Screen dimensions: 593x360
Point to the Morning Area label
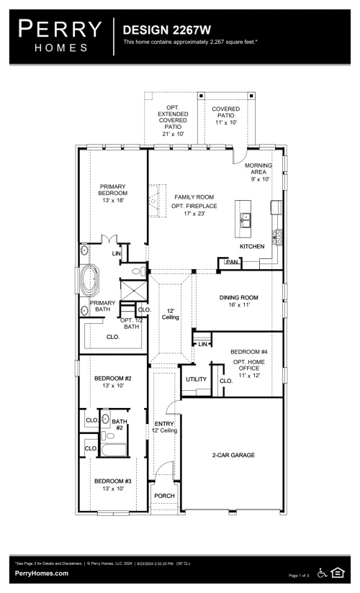click(x=259, y=173)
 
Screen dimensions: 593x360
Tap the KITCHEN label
click(x=252, y=247)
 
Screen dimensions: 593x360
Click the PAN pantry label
click(x=231, y=262)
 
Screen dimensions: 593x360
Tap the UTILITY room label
click(x=197, y=379)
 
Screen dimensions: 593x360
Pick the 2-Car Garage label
click(x=233, y=455)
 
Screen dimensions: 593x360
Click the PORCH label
click(x=163, y=496)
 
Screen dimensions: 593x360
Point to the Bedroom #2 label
click(x=112, y=382)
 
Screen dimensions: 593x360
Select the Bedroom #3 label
click(x=112, y=484)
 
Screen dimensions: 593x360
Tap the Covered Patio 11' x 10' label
click(x=226, y=114)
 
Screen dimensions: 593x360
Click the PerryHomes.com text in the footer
click(x=42, y=573)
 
